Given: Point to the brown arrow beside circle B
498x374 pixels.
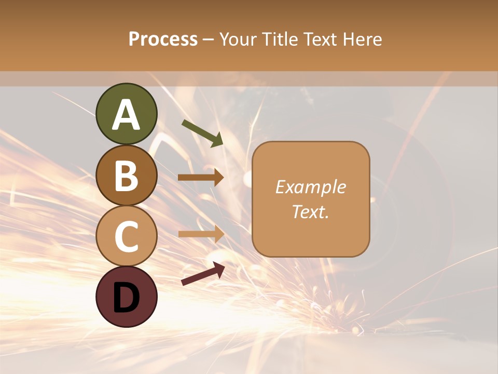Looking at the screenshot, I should pyautogui.click(x=201, y=178).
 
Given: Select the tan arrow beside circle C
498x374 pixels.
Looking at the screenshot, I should pyautogui.click(x=201, y=233).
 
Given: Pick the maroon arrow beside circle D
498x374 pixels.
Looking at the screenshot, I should pyautogui.click(x=203, y=274).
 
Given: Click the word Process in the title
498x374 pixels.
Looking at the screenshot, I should pyautogui.click(x=163, y=39).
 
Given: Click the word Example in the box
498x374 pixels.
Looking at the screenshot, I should pyautogui.click(x=310, y=187).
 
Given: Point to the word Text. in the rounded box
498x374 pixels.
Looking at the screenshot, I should pyautogui.click(x=310, y=211).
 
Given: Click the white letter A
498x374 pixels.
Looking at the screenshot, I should pyautogui.click(x=126, y=115).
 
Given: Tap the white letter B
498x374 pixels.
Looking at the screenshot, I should pyautogui.click(x=126, y=176).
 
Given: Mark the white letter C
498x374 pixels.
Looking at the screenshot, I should pyautogui.click(x=126, y=236).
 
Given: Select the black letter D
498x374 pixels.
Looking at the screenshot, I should pyautogui.click(x=126, y=297).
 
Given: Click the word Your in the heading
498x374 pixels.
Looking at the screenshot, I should pyautogui.click(x=238, y=39).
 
